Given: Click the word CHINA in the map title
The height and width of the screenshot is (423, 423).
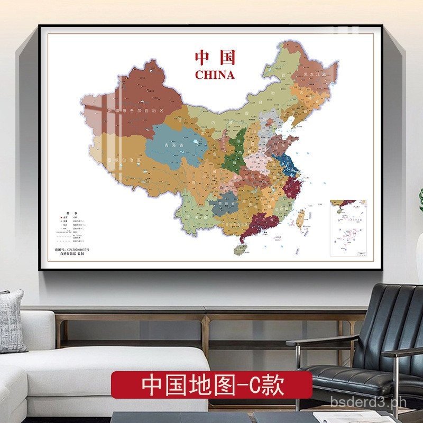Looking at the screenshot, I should tap(214, 75).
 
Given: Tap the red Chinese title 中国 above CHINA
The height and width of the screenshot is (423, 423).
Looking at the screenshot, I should tap(214, 58).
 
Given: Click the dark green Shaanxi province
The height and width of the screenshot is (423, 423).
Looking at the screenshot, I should tap(233, 153).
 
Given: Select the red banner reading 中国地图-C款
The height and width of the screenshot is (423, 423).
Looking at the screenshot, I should tap(211, 384).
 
